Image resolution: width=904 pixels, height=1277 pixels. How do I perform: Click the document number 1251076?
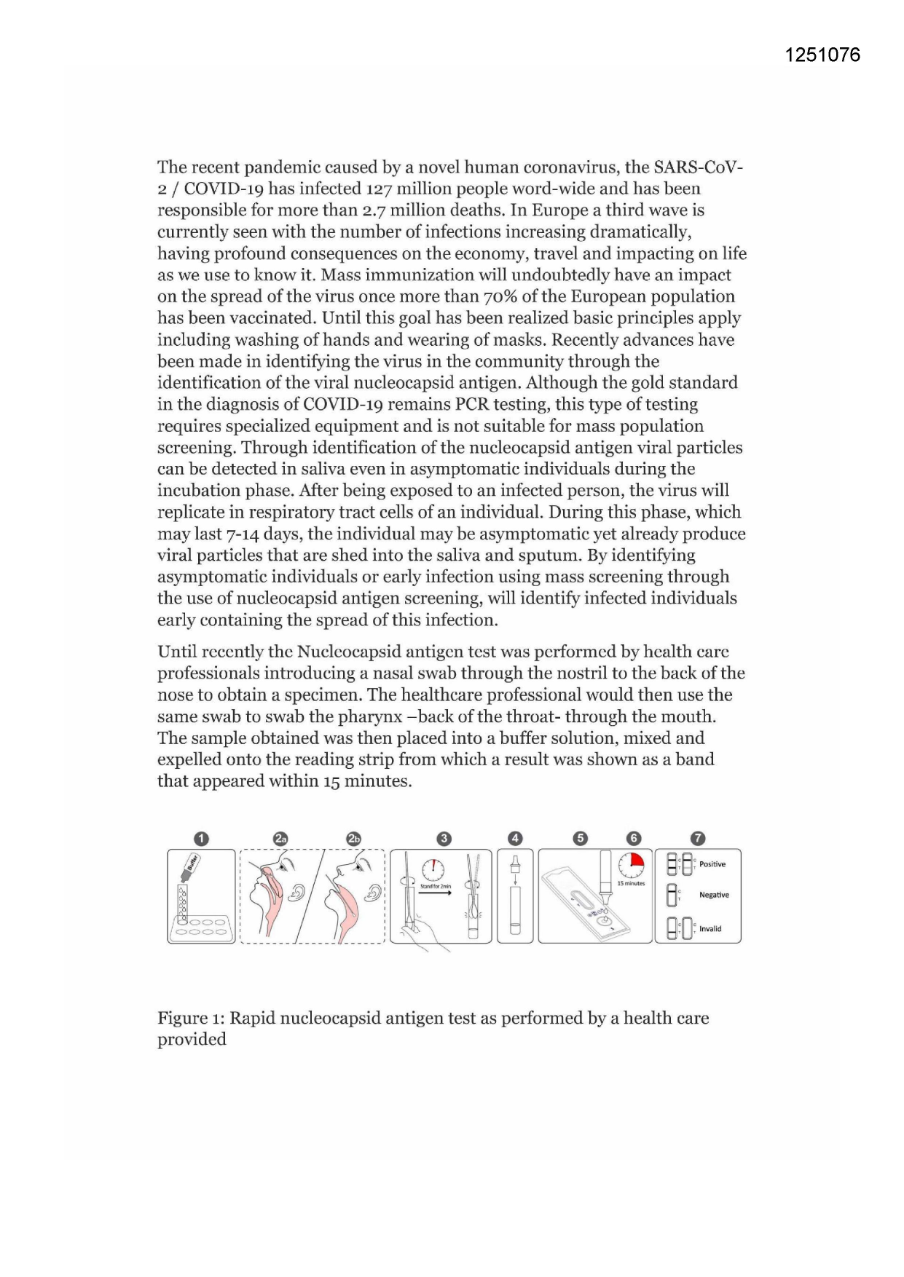point(822,55)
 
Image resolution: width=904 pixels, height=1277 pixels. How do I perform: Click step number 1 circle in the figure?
point(202,839)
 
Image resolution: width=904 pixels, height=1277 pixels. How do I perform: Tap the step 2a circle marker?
point(280,839)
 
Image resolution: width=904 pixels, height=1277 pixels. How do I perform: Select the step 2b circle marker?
point(353,839)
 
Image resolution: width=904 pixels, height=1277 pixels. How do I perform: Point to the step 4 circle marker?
point(515,839)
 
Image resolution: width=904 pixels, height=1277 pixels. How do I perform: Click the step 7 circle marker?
point(698,839)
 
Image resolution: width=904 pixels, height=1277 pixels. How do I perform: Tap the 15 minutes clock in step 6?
point(631,865)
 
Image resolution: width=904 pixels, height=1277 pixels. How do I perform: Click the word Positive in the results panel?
point(712,864)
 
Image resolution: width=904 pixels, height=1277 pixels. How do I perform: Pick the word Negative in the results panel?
point(713,895)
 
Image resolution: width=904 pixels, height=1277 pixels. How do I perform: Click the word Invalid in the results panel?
point(710,928)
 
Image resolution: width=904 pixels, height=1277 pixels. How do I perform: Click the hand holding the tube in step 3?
point(426,936)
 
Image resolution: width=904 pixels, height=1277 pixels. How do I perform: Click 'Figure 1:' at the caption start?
point(191,1018)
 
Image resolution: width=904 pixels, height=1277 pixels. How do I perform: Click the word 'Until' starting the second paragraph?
point(177,652)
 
